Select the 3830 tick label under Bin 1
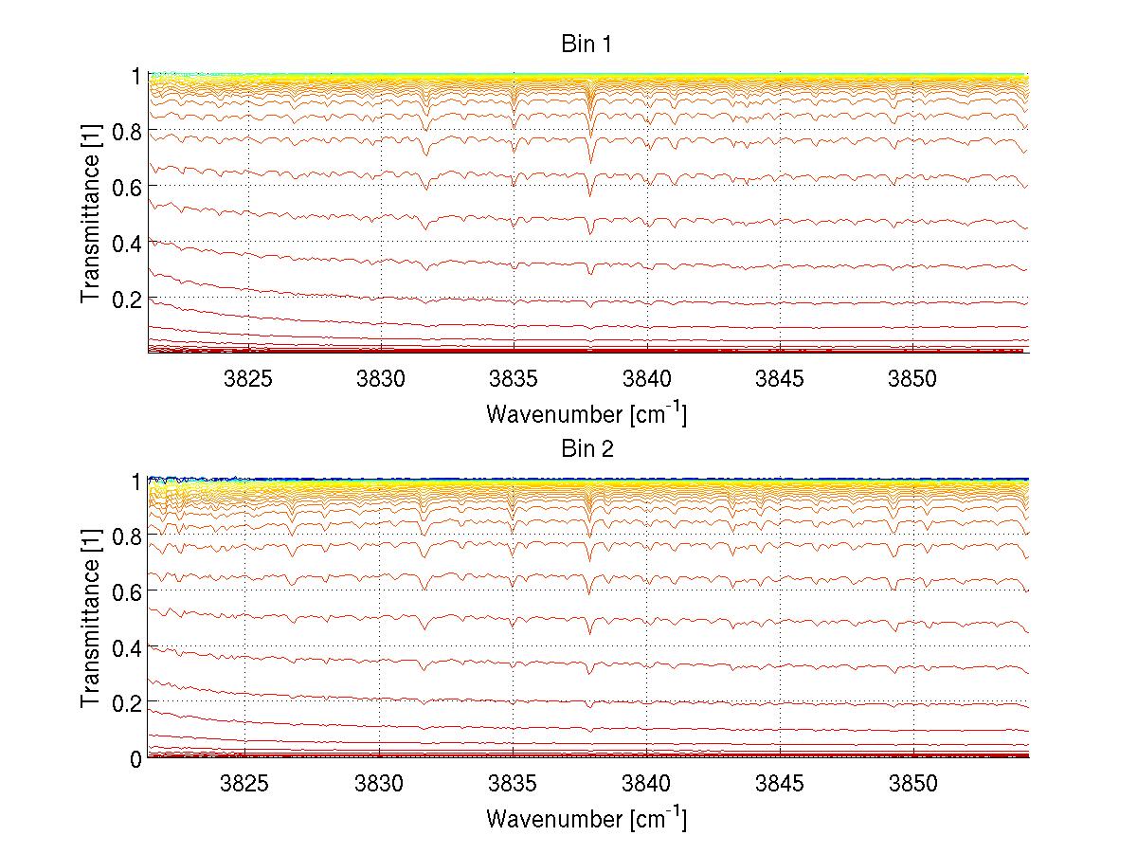click(381, 379)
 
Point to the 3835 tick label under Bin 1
click(514, 379)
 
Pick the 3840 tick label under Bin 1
click(647, 379)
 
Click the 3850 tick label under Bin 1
click(912, 379)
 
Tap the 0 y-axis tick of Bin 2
click(136, 758)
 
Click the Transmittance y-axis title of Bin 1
click(91, 213)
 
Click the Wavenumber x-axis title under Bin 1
click(587, 414)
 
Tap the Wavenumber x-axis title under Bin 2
click(587, 818)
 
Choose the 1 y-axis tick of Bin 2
click(136, 481)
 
